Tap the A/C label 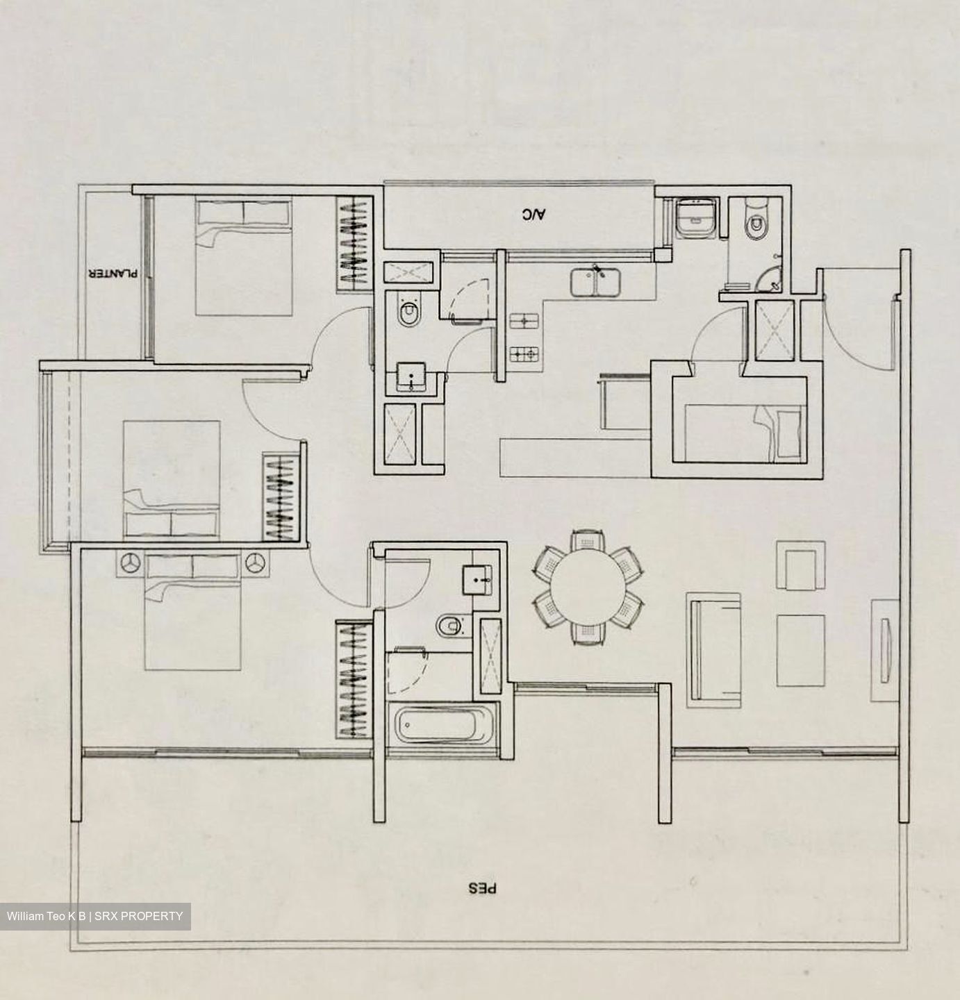pyautogui.click(x=533, y=215)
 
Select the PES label pyautogui.click(x=482, y=888)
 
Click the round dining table pyautogui.click(x=589, y=587)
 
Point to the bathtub pyautogui.click(x=442, y=724)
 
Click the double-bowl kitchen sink pyautogui.click(x=595, y=282)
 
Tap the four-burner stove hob pyautogui.click(x=524, y=353)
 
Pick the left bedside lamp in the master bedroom pyautogui.click(x=131, y=562)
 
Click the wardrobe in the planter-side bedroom pyautogui.click(x=354, y=245)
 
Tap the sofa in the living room pyautogui.click(x=714, y=651)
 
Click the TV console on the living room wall pyautogui.click(x=884, y=651)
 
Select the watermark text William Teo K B pyautogui.click(x=47, y=916)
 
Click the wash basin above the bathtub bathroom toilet pyautogui.click(x=478, y=580)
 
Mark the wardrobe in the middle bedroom pyautogui.click(x=281, y=497)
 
